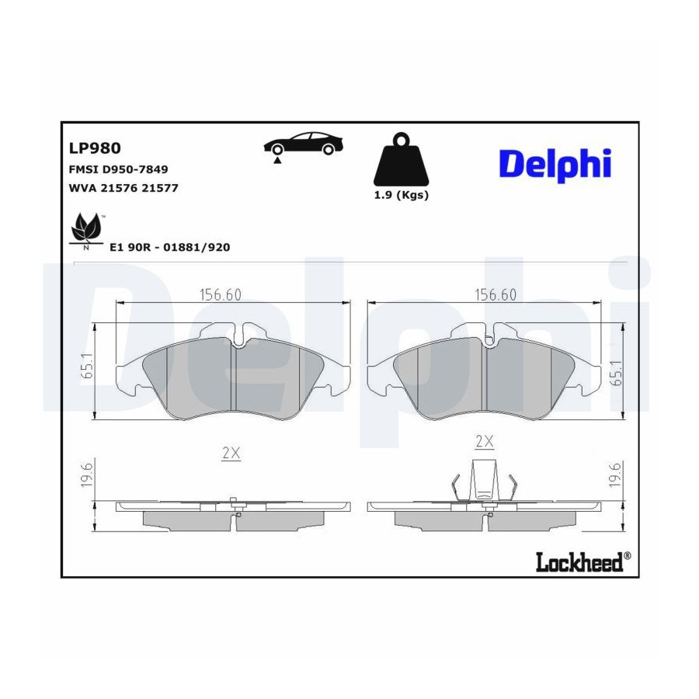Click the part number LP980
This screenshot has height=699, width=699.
tap(95, 148)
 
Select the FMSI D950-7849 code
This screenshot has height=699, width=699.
tap(118, 169)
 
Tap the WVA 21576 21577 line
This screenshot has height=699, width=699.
tap(123, 188)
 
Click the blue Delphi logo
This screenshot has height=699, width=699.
tap(555, 165)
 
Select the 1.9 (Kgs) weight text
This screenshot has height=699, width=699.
tap(402, 195)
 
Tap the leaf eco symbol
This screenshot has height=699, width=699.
tap(86, 231)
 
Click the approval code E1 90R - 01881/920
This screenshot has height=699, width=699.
tap(170, 248)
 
